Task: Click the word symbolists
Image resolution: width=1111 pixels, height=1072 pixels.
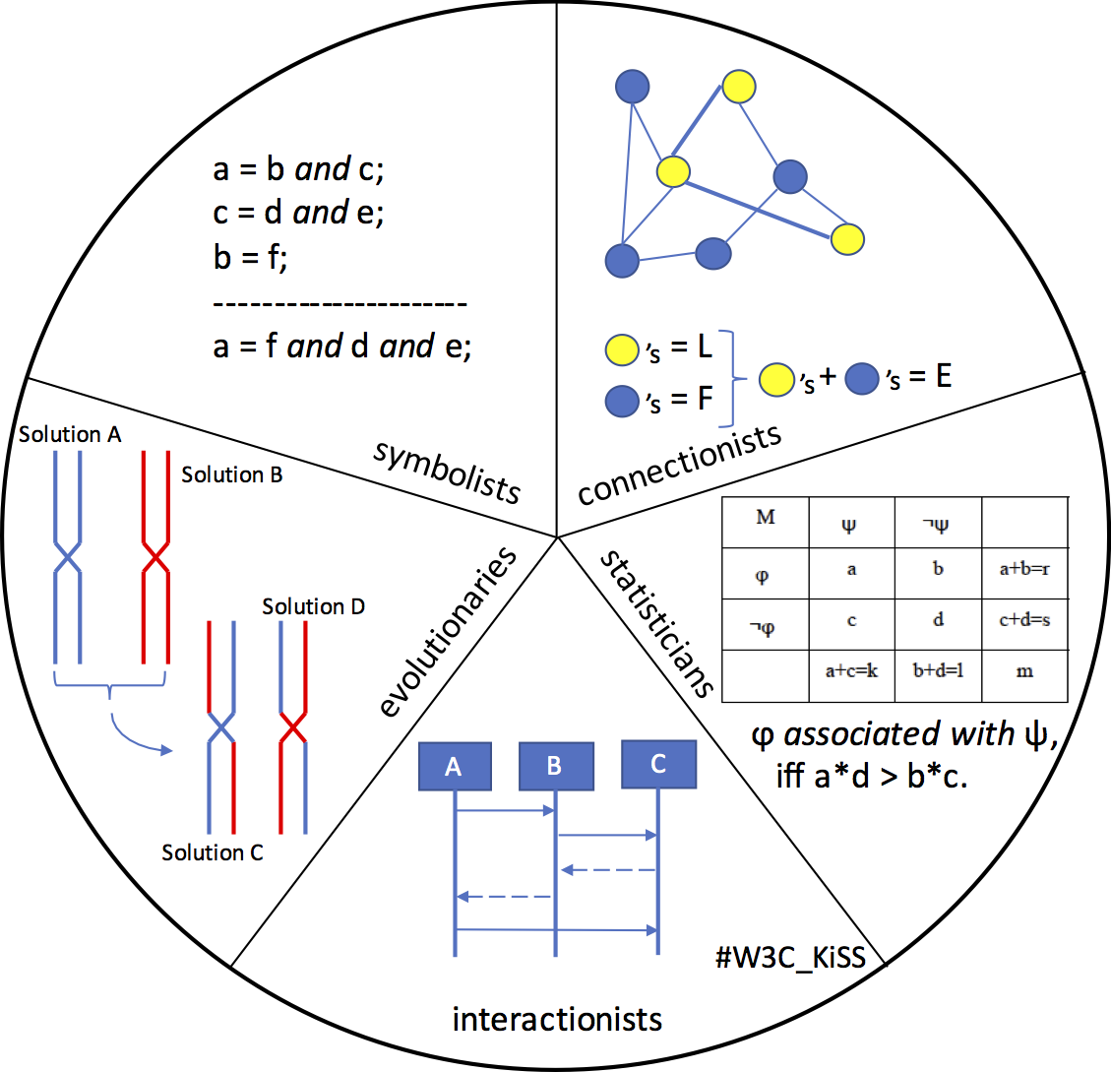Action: [x=447, y=472]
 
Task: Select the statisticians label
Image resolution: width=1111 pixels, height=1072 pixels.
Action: [x=656, y=622]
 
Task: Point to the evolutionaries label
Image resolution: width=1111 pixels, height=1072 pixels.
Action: [x=448, y=631]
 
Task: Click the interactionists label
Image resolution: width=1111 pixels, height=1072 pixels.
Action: [x=557, y=1019]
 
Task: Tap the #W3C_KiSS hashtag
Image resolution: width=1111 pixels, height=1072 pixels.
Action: [x=790, y=956]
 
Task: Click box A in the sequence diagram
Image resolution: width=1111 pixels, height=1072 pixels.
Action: [x=454, y=766]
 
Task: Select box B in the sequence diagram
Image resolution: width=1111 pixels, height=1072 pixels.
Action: [x=555, y=766]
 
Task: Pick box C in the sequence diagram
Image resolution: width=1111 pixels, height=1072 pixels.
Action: [x=658, y=762]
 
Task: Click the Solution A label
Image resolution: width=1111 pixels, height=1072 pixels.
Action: [x=70, y=434]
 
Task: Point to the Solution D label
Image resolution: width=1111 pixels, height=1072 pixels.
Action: [x=313, y=606]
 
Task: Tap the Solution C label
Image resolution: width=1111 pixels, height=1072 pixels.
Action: [x=213, y=852]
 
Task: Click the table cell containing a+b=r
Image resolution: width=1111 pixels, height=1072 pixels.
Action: [x=1024, y=570]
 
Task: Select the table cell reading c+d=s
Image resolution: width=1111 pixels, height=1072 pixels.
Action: [x=1024, y=621]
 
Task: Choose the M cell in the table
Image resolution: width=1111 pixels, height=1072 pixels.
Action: [x=766, y=518]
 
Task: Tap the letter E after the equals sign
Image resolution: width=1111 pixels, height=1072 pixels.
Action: [x=944, y=377]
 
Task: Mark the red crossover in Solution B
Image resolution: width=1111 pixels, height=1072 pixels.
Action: [x=155, y=559]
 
